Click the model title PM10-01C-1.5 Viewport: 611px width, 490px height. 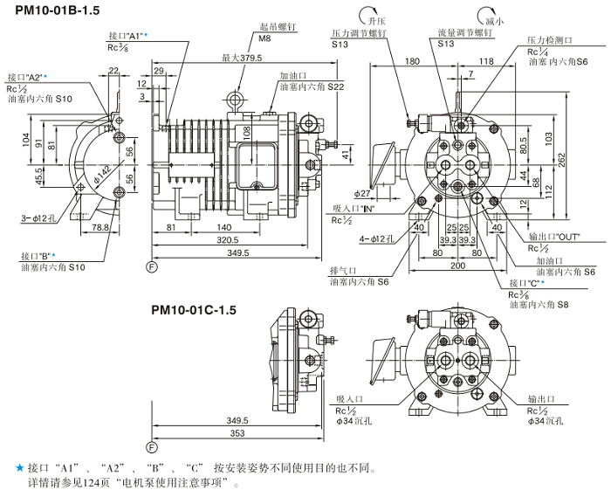click(194, 309)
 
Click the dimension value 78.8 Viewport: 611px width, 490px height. click(100, 227)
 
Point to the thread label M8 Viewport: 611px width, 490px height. click(264, 38)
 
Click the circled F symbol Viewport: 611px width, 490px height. click(151, 265)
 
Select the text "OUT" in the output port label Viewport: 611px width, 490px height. click(570, 238)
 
